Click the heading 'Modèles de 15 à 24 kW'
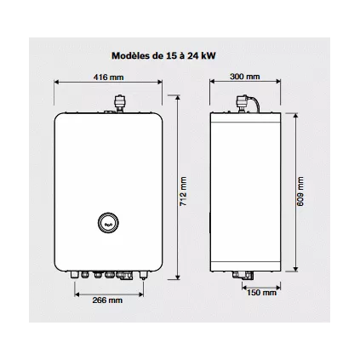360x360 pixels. pyautogui.click(x=163, y=54)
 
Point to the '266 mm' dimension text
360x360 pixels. pyautogui.click(x=106, y=300)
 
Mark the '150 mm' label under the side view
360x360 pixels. pyautogui.click(x=260, y=293)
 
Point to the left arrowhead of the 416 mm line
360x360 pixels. pyautogui.click(x=56, y=83)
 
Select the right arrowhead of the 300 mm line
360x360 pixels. pyautogui.click(x=277, y=83)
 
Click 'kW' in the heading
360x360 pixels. pyautogui.click(x=208, y=54)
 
